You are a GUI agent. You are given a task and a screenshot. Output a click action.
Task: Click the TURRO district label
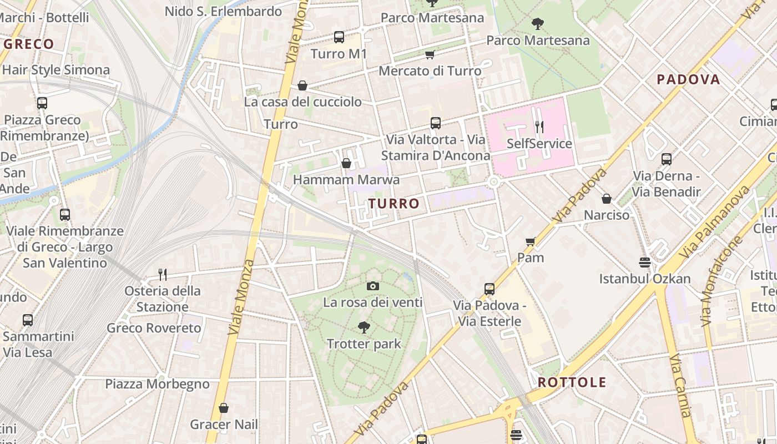point(394,204)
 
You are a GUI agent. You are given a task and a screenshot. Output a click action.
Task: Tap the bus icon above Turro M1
point(339,37)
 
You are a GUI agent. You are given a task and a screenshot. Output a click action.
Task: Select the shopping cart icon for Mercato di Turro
point(430,54)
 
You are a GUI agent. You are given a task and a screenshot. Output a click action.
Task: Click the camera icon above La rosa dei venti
point(373,286)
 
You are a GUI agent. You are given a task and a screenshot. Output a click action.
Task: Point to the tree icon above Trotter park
point(364,327)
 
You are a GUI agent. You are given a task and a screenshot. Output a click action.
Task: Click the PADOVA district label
point(688,79)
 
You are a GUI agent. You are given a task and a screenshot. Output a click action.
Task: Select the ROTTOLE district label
point(572,382)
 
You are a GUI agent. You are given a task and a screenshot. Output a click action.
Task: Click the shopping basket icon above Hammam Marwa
point(346,163)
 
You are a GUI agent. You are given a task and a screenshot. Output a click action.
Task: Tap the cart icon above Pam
point(531,241)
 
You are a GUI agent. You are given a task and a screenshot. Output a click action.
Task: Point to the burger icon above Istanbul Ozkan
point(645,262)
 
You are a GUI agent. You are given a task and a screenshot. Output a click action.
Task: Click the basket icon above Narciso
point(607,198)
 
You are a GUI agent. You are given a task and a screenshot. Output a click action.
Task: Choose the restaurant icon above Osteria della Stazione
point(163,274)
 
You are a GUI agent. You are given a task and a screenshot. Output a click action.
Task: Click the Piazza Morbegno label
point(158,384)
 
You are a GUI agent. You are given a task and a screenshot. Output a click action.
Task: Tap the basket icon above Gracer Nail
point(224,408)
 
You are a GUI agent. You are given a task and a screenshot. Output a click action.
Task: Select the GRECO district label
point(29,44)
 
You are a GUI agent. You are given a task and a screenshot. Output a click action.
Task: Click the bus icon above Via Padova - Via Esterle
point(490,289)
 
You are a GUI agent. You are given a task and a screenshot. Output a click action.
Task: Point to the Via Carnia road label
point(680,386)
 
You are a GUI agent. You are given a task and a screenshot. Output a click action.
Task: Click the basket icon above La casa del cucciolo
point(302,85)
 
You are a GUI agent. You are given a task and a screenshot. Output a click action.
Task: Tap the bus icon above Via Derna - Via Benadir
point(667,159)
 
